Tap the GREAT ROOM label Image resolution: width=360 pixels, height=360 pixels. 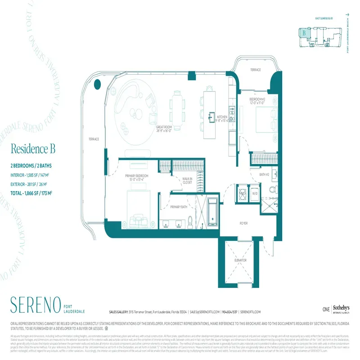(x=165, y=127)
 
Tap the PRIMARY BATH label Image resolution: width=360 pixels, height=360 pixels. (x=179, y=207)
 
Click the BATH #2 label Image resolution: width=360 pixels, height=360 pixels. (x=265, y=174)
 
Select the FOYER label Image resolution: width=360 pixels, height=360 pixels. (x=243, y=223)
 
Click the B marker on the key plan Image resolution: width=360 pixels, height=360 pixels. (x=305, y=32)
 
